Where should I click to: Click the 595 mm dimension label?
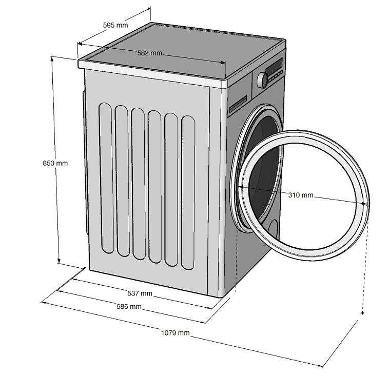pyautogui.click(x=115, y=25)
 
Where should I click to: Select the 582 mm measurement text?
pyautogui.click(x=149, y=52)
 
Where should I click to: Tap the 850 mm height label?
pyautogui.click(x=55, y=164)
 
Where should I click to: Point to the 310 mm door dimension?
pyautogui.click(x=300, y=195)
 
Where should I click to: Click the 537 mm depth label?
pyautogui.click(x=140, y=293)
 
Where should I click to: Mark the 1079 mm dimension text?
pyautogui.click(x=176, y=333)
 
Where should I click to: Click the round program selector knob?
pyautogui.click(x=262, y=80)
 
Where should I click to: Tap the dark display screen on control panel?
pyautogui.click(x=274, y=66)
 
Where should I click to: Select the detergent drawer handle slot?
pyautogui.click(x=238, y=106)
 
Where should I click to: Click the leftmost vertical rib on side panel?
pyautogui.click(x=106, y=177)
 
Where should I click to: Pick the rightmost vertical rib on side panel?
pyautogui.click(x=188, y=192)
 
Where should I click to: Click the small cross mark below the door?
pyautogui.click(x=362, y=312)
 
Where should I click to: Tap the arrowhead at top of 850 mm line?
pyautogui.click(x=52, y=58)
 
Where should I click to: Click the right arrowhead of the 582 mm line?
pyautogui.click(x=224, y=63)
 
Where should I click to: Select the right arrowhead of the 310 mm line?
pyautogui.click(x=366, y=203)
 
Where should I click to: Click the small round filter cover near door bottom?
pyautogui.click(x=273, y=228)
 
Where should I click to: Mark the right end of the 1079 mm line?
pyautogui.click(x=322, y=366)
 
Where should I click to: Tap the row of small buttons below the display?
pyautogui.click(x=275, y=76)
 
